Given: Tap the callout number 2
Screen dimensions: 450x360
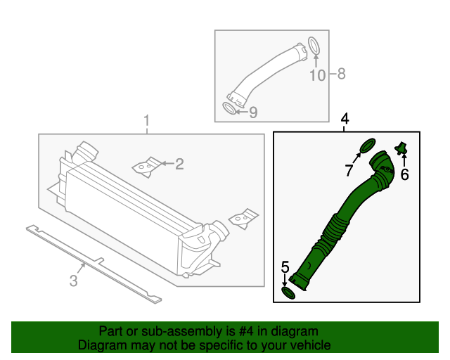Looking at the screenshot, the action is (179, 165).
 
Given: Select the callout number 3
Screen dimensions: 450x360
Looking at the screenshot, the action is (73, 281).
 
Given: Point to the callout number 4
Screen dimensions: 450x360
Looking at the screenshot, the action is (345, 119).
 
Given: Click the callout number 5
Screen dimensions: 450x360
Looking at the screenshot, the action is (285, 267).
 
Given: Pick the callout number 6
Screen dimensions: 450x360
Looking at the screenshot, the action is (405, 174).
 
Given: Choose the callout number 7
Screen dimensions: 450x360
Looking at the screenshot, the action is (349, 170).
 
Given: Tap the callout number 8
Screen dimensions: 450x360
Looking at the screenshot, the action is (341, 74).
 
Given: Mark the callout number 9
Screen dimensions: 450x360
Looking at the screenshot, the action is (253, 112).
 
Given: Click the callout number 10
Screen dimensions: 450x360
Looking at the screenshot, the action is (318, 75).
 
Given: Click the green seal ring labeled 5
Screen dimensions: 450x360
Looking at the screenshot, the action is (288, 292).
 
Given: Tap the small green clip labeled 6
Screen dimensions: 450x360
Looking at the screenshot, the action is (401, 148).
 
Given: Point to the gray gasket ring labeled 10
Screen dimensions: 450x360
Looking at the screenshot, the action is (314, 45).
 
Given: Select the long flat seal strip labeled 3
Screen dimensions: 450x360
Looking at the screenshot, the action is (94, 264).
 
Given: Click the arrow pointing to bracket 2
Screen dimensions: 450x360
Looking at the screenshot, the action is (167, 164).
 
